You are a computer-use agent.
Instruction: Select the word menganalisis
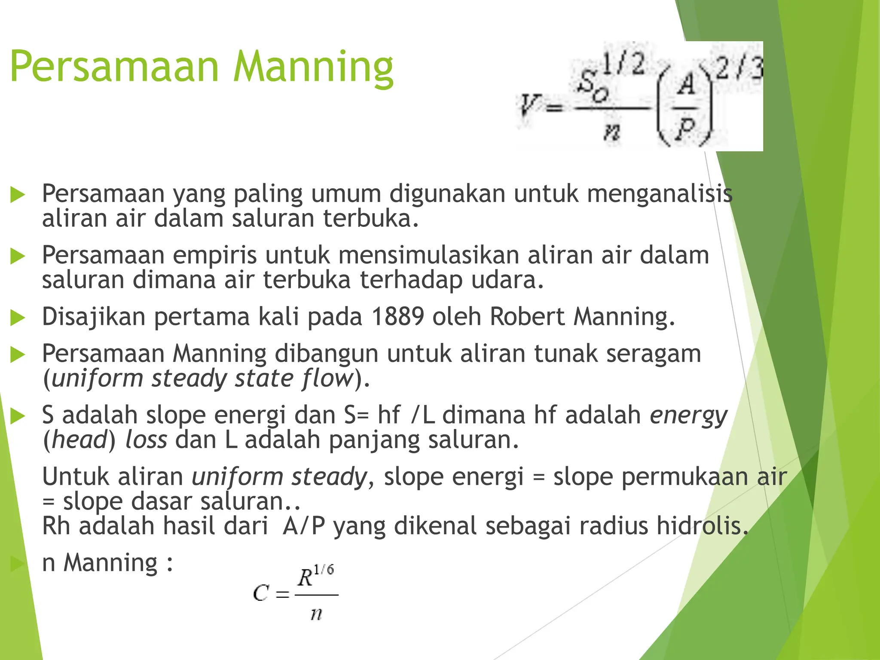(x=660, y=193)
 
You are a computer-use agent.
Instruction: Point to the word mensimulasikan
(x=428, y=255)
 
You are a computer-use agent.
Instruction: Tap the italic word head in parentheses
(x=79, y=440)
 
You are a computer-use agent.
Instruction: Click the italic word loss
(x=146, y=440)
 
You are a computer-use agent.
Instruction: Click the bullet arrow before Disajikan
(x=18, y=318)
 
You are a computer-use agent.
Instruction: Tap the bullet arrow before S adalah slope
(x=18, y=416)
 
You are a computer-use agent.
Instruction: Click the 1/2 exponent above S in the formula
(x=623, y=64)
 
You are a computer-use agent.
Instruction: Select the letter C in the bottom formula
(x=261, y=593)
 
